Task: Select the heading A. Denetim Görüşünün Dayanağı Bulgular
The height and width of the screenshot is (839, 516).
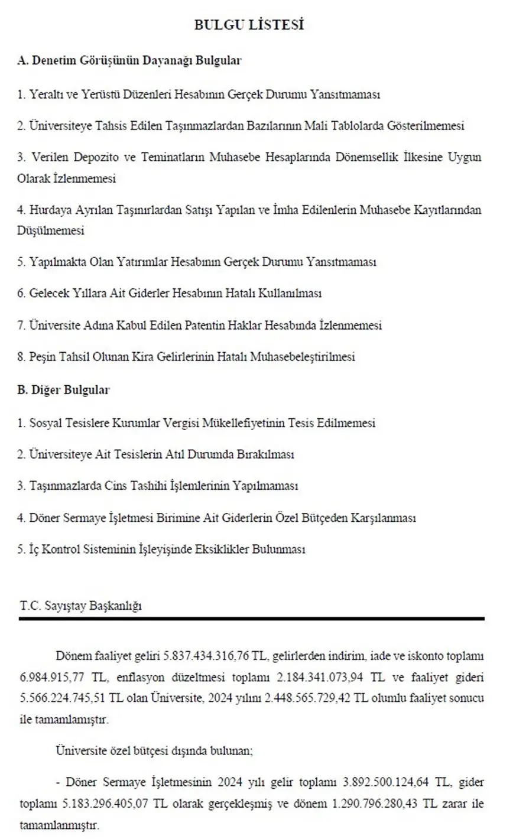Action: pyautogui.click(x=129, y=60)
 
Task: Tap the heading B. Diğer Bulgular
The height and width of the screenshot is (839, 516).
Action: pyautogui.click(x=63, y=390)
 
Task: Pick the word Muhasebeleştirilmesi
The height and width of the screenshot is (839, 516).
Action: pyautogui.click(x=303, y=357)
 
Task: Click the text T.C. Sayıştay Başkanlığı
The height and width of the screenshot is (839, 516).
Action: pyautogui.click(x=81, y=606)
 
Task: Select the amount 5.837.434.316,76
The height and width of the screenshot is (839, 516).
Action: pyautogui.click(x=207, y=656)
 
